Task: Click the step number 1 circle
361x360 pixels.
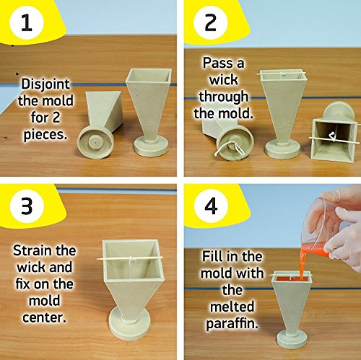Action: (27, 22)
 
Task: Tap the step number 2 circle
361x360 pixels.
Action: (211, 22)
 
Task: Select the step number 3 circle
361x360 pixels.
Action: (27, 206)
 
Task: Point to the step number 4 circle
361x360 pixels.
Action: (211, 206)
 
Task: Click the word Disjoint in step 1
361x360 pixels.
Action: (45, 84)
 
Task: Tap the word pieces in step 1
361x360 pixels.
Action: (45, 135)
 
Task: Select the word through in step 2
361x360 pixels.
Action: (223, 97)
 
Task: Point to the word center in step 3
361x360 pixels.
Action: (44, 317)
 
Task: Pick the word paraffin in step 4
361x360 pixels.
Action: (232, 323)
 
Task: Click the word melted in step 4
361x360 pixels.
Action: (232, 307)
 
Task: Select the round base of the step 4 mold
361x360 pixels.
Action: (292, 339)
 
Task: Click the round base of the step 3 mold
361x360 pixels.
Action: (130, 322)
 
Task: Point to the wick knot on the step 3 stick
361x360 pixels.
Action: (131, 259)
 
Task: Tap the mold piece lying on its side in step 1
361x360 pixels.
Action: (100, 125)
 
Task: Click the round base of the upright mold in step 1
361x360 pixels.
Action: (151, 146)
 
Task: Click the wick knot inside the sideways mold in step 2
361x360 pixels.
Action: (332, 137)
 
